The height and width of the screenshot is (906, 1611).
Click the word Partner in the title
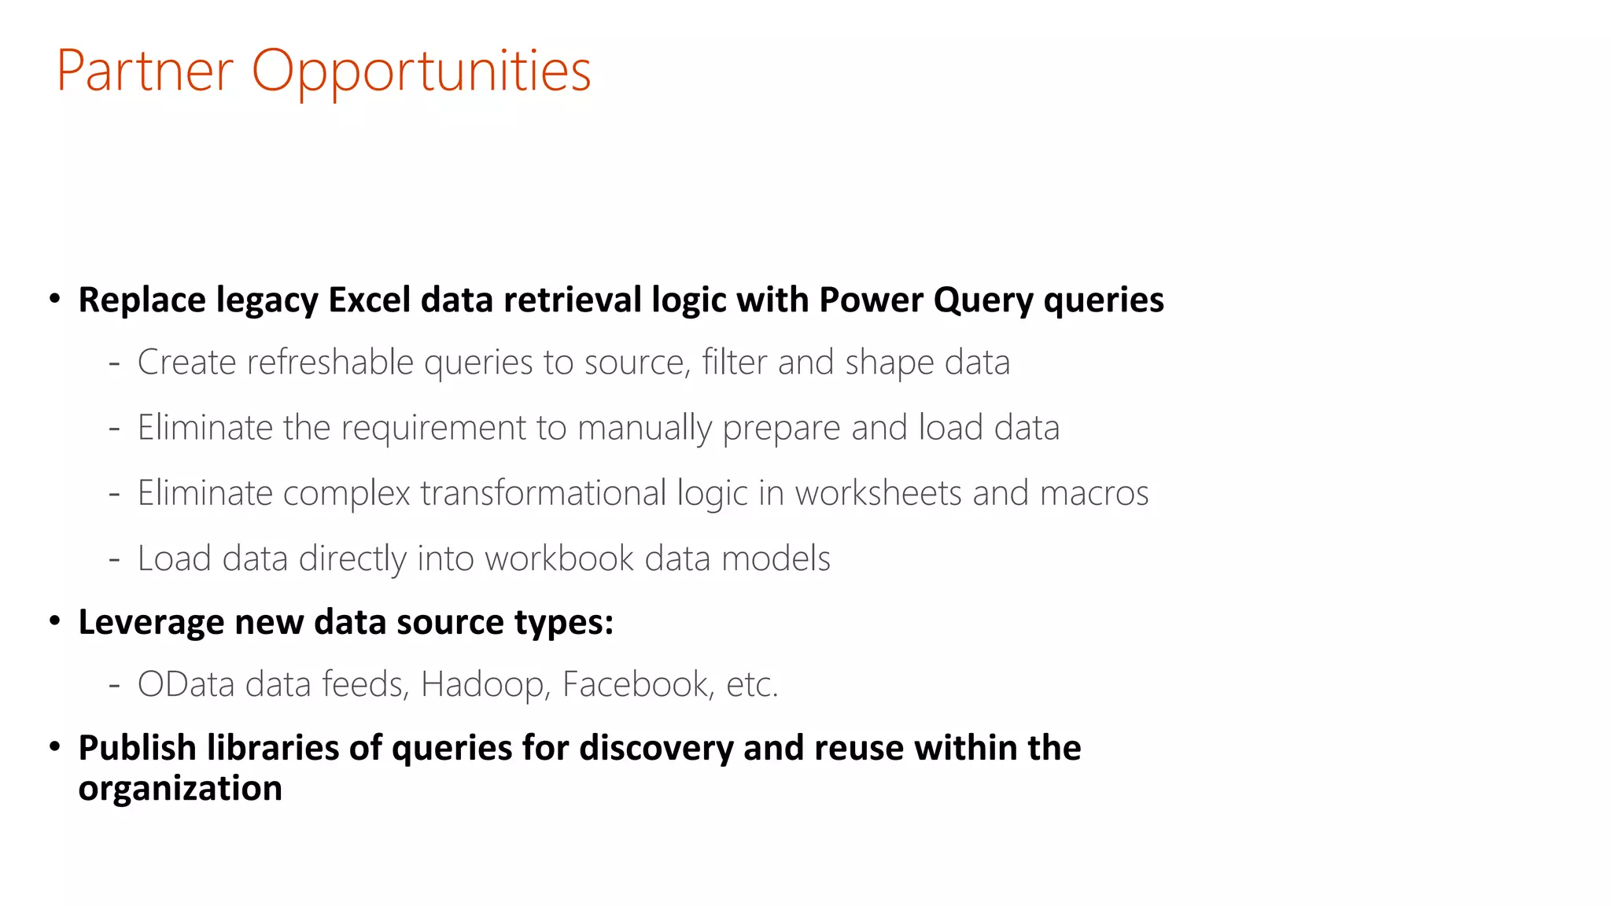tap(145, 71)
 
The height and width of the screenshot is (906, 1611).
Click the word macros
tap(1094, 493)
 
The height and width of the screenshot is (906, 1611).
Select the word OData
tap(186, 684)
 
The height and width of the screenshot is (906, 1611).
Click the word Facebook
tap(637, 684)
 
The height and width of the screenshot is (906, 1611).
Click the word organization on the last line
tap(180, 788)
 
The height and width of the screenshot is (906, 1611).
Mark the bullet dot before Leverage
tap(54, 621)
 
